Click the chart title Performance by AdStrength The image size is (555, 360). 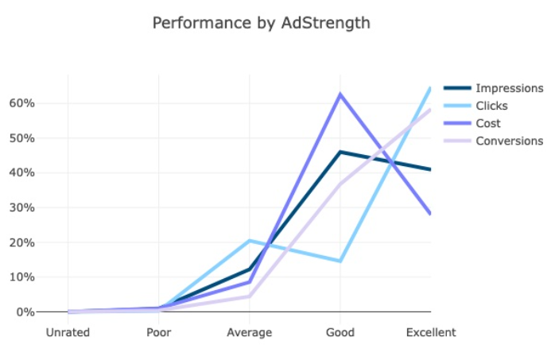(x=261, y=23)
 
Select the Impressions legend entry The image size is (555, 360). (x=509, y=88)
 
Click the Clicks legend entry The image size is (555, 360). (x=491, y=106)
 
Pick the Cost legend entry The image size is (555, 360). (x=488, y=123)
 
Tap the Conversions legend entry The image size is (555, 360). (x=509, y=141)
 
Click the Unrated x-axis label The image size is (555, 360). (x=68, y=332)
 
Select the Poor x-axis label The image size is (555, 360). (x=159, y=332)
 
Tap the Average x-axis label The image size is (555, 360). (x=250, y=332)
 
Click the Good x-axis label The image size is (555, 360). (x=340, y=332)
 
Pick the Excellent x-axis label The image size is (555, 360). (x=430, y=332)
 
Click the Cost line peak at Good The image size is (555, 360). (x=340, y=95)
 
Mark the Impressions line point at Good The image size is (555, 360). (x=340, y=152)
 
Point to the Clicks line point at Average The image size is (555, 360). (x=250, y=240)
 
